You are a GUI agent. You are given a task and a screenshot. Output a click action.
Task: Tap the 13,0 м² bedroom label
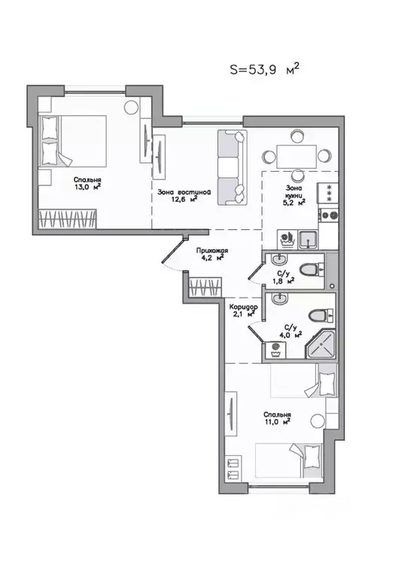tap(88, 184)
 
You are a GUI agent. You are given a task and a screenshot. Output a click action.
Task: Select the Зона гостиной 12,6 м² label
tap(183, 196)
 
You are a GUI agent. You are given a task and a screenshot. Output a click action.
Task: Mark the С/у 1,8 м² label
tap(283, 277)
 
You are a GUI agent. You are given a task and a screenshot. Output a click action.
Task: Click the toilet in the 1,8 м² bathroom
tap(309, 269)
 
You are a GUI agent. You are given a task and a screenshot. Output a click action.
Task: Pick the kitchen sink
tap(308, 240)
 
